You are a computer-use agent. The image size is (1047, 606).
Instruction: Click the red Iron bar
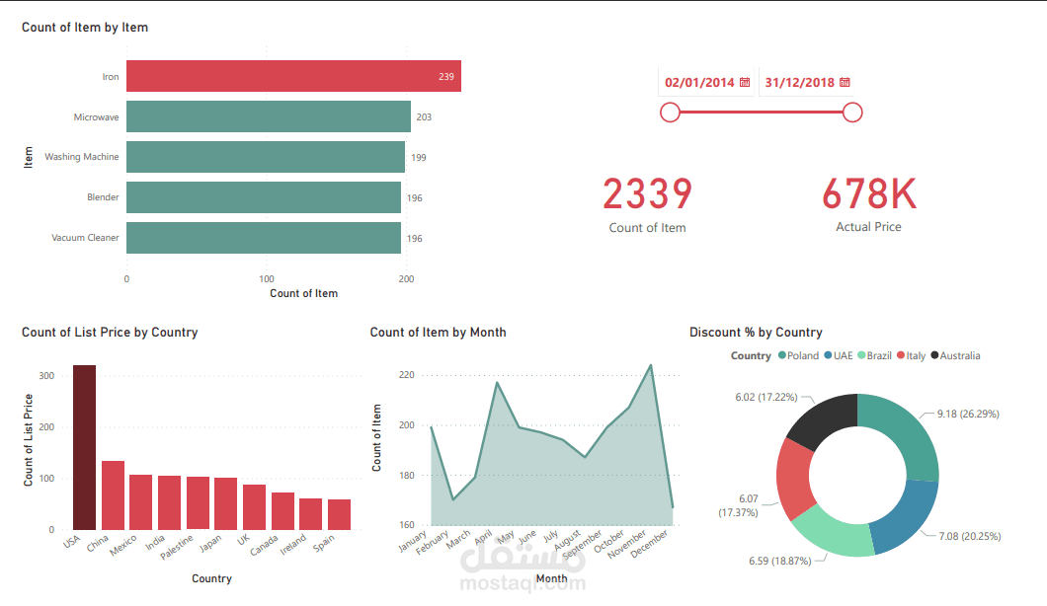click(293, 76)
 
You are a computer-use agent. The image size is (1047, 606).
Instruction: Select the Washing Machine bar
click(265, 157)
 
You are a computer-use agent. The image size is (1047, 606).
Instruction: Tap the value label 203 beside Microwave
click(424, 117)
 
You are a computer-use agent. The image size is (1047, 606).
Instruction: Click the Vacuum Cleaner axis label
click(85, 238)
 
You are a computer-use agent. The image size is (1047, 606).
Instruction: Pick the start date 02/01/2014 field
click(699, 83)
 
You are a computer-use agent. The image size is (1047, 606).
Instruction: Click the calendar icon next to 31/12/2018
click(845, 83)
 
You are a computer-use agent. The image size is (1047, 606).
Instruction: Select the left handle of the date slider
click(670, 113)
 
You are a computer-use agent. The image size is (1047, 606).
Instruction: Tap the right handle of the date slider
click(853, 113)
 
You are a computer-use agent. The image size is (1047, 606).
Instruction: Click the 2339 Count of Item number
click(647, 194)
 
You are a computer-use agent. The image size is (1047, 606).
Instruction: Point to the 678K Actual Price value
click(869, 194)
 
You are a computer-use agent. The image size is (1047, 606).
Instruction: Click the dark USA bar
click(84, 447)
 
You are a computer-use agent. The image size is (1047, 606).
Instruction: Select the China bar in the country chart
click(113, 494)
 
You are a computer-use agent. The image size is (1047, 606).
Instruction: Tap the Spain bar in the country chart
click(339, 514)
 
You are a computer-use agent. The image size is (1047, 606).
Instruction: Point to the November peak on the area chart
click(650, 365)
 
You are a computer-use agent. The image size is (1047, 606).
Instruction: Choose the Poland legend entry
click(798, 355)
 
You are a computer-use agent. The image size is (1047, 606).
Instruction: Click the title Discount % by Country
click(756, 333)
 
